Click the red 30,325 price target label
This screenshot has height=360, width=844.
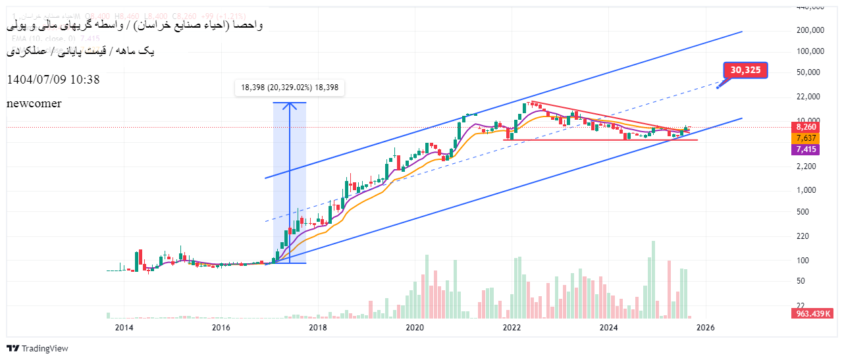pyautogui.click(x=745, y=70)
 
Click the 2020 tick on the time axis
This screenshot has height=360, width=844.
pyautogui.click(x=414, y=328)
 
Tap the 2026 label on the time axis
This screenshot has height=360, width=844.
pyautogui.click(x=705, y=328)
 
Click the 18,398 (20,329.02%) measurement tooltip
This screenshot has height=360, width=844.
pyautogui.click(x=290, y=88)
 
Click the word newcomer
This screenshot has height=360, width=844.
pyautogui.click(x=34, y=103)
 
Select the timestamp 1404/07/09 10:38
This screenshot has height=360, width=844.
pyautogui.click(x=53, y=80)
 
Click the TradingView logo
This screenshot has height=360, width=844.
pyautogui.click(x=38, y=348)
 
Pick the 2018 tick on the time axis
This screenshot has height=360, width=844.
pyautogui.click(x=317, y=328)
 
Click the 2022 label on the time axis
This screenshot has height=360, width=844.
pyautogui.click(x=512, y=328)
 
